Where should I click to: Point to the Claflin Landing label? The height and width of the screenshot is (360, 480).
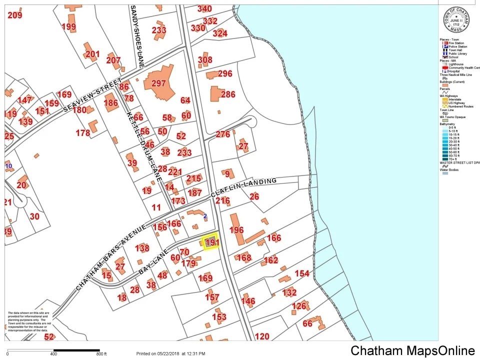(243, 187)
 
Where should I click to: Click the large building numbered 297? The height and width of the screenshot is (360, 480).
(158, 83)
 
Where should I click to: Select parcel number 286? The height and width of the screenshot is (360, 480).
(227, 94)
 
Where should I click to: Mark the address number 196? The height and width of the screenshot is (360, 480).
(236, 230)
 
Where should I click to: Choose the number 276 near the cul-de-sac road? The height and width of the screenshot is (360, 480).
(223, 134)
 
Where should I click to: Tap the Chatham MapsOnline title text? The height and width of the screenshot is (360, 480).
(412, 350)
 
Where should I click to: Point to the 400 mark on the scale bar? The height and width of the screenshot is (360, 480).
(53, 354)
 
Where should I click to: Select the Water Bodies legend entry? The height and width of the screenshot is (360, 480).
(450, 170)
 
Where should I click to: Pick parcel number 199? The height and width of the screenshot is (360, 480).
(68, 27)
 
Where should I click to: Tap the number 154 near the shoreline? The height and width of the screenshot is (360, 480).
(302, 273)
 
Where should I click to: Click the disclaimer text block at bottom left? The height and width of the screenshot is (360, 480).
(28, 321)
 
